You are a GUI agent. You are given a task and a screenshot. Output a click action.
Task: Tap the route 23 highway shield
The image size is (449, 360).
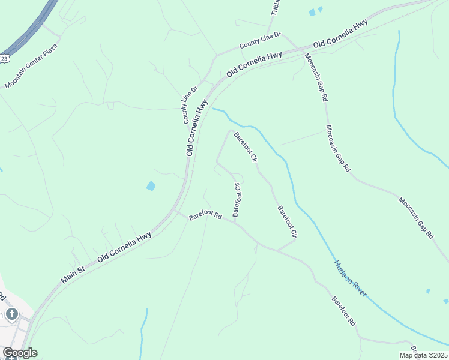tap(4, 58)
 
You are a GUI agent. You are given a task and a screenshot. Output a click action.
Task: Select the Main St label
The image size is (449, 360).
tap(73, 272)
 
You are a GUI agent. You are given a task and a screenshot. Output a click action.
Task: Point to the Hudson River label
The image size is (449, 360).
tap(350, 278)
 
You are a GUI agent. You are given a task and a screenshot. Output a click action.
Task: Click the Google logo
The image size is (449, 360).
tap(20, 353)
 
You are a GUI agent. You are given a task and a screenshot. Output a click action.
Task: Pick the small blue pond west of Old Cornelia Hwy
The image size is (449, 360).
tap(151, 186)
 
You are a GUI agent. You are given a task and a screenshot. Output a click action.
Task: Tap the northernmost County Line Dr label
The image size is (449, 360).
tap(260, 41)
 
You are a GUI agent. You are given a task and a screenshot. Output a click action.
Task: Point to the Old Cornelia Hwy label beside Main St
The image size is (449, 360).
tap(124, 246)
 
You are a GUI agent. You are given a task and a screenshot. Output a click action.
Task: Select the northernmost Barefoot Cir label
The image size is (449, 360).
tap(246, 148)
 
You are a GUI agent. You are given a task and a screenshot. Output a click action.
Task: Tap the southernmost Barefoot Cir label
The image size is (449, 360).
tap(288, 222)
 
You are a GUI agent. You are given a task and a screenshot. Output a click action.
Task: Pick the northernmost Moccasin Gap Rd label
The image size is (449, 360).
tap(316, 77)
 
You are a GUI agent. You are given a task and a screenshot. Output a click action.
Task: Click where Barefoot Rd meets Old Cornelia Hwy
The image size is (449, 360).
tap(176, 211)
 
